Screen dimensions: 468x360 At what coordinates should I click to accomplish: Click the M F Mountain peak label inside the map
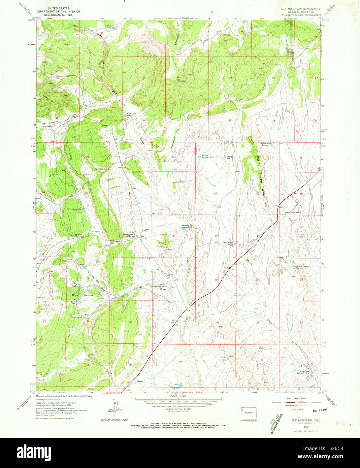[x=182, y=79]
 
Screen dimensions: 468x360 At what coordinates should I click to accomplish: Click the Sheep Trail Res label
[x=292, y=213]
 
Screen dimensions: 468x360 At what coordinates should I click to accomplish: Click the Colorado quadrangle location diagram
[x=249, y=413]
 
